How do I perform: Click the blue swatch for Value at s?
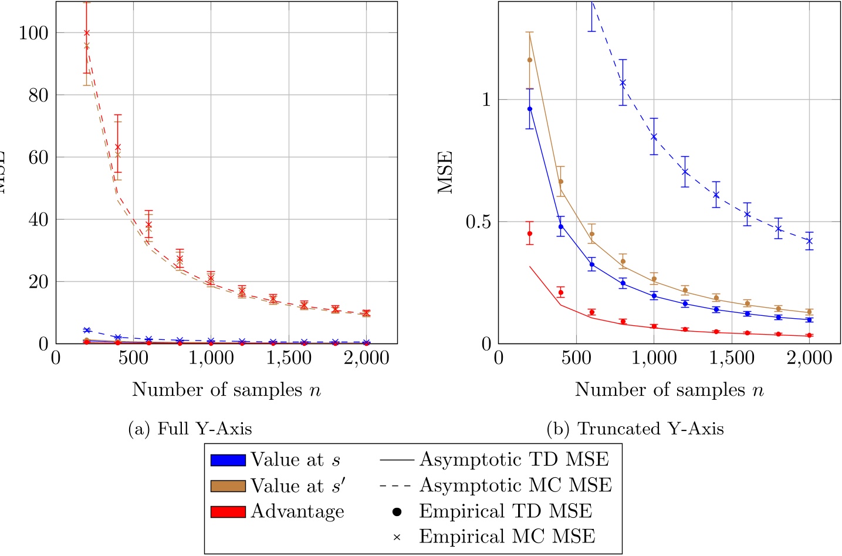coord(228,460)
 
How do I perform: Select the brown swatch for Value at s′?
coord(228,486)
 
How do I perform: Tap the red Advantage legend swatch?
coord(228,512)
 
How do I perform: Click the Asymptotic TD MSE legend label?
coord(514,460)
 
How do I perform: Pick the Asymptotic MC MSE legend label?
coord(515,486)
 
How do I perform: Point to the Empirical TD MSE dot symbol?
coord(397,512)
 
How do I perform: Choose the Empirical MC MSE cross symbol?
coord(397,537)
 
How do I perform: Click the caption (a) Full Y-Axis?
coord(190,429)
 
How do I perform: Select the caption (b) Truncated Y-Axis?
coord(635,429)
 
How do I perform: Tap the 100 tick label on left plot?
coord(33,33)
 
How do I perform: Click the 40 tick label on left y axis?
coord(39,220)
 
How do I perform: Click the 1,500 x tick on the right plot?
coord(731,358)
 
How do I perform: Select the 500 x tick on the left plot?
coord(133,358)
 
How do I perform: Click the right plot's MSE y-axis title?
coord(446,172)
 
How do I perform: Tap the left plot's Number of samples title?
coord(226,390)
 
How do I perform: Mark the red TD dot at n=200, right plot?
coord(530,234)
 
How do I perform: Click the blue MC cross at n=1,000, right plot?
coord(654,137)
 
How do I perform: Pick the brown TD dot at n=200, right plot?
coord(530,60)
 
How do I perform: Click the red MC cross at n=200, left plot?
coord(87,33)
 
